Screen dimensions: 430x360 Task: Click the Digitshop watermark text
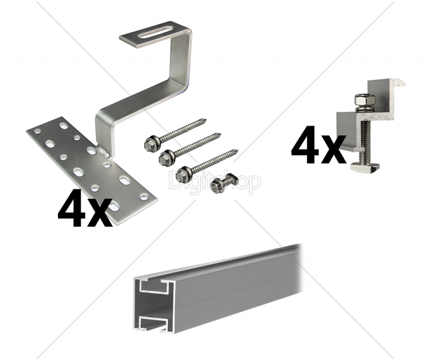click(x=214, y=181)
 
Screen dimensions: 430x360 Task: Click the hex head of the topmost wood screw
click(x=150, y=143)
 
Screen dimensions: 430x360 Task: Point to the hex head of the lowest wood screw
click(x=182, y=175)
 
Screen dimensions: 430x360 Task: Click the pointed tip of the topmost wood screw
click(x=205, y=120)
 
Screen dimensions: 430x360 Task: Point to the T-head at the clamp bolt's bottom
click(x=364, y=166)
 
